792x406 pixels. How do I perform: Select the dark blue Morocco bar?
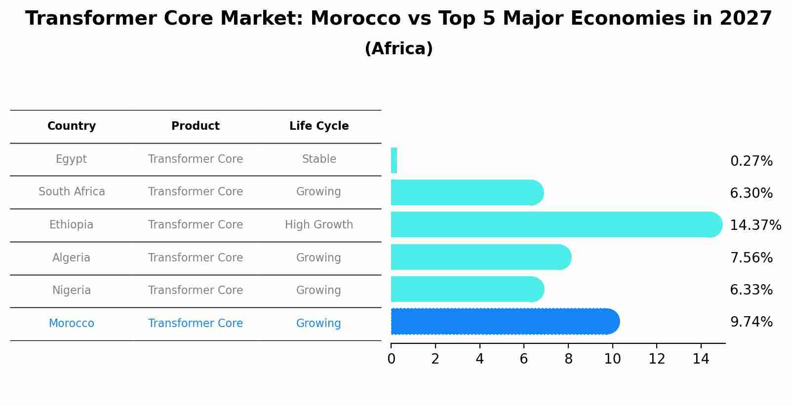click(504, 322)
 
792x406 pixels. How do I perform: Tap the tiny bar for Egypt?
click(394, 160)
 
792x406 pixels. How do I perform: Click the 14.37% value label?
click(755, 225)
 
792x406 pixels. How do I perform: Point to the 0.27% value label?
click(751, 161)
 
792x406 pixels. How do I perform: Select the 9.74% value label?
click(751, 322)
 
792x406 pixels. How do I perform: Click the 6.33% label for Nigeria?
click(751, 290)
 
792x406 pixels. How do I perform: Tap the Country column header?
click(72, 126)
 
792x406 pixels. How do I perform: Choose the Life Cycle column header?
click(319, 126)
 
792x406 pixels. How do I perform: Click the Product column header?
click(196, 126)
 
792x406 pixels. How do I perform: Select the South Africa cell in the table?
click(72, 192)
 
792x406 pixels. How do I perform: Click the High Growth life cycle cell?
click(319, 225)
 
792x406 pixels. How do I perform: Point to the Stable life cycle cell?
click(319, 159)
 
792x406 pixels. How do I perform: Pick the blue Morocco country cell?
click(72, 324)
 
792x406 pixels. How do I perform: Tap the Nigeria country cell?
click(72, 291)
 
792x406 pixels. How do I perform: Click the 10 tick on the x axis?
click(612, 359)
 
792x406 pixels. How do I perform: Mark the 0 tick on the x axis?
click(391, 359)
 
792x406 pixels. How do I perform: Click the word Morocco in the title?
click(356, 19)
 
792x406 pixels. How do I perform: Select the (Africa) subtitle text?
click(398, 49)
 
